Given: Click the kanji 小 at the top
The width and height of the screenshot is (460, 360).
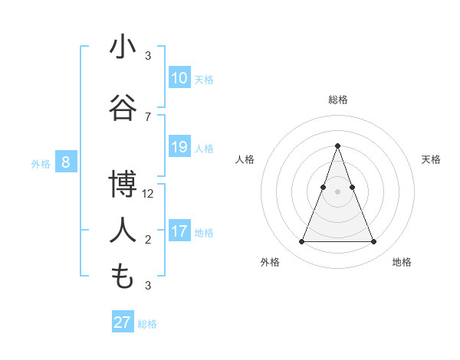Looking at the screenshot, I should pyautogui.click(x=123, y=47).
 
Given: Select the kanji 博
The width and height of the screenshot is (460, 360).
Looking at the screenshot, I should pyautogui.click(x=123, y=185).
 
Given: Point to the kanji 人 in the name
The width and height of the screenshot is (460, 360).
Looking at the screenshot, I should pyautogui.click(x=123, y=230).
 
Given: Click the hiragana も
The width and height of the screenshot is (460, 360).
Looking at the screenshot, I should pyautogui.click(x=123, y=277).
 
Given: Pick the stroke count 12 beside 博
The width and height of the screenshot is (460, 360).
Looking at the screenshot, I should pyautogui.click(x=148, y=194).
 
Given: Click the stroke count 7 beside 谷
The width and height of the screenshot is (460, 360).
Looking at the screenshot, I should pyautogui.click(x=148, y=117).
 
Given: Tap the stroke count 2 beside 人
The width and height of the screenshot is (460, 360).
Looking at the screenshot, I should pyautogui.click(x=148, y=240).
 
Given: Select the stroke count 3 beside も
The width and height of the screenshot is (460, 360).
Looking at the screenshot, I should pyautogui.click(x=148, y=286).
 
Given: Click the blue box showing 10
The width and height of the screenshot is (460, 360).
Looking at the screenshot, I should pyautogui.click(x=179, y=78).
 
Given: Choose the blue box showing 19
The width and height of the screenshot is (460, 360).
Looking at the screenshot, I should pyautogui.click(x=179, y=147).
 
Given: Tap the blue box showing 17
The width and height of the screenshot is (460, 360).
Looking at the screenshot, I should pyautogui.click(x=179, y=231).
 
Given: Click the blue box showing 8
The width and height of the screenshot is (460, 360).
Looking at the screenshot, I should pyautogui.click(x=66, y=162).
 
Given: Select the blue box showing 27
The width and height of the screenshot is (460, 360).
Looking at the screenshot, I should pyautogui.click(x=123, y=322).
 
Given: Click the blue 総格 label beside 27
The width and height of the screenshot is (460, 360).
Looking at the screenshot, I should pyautogui.click(x=147, y=324).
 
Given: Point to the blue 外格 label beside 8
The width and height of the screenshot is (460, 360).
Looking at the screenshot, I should pyautogui.click(x=40, y=163).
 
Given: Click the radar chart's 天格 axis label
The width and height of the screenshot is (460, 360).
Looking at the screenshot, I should pyautogui.click(x=431, y=159).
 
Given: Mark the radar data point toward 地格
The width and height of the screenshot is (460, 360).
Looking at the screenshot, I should pyautogui.click(x=374, y=242).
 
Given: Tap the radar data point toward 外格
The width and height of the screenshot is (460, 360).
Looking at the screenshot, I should pyautogui.click(x=301, y=242).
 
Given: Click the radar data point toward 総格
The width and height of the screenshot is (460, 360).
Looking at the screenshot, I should pyautogui.click(x=337, y=146).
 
